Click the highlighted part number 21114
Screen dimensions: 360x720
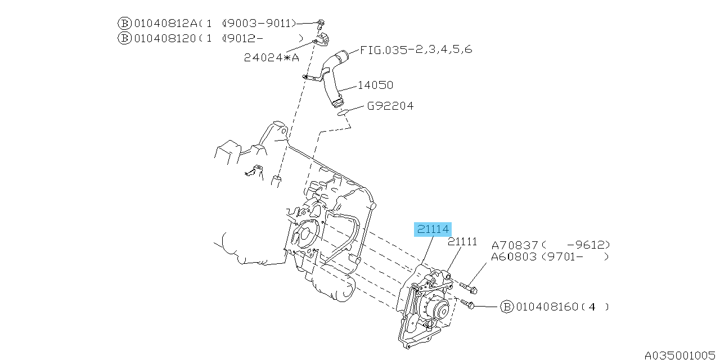(433, 229)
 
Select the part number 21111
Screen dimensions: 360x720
(462, 242)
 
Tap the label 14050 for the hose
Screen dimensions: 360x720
(375, 85)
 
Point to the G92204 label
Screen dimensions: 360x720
(390, 106)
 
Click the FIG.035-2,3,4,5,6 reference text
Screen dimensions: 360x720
(416, 49)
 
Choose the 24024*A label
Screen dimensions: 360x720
(271, 57)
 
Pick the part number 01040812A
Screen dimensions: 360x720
(165, 23)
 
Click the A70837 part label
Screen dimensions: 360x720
(514, 245)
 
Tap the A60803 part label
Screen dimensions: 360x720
(514, 257)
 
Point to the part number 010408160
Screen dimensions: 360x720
(547, 307)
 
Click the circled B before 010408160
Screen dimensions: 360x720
(507, 307)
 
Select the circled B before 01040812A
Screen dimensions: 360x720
(124, 23)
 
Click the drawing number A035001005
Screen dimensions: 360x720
(681, 355)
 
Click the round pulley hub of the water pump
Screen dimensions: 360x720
(438, 309)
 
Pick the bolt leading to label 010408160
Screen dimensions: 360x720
(467, 304)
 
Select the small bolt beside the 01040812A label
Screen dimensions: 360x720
(320, 24)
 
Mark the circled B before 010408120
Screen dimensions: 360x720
(124, 38)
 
